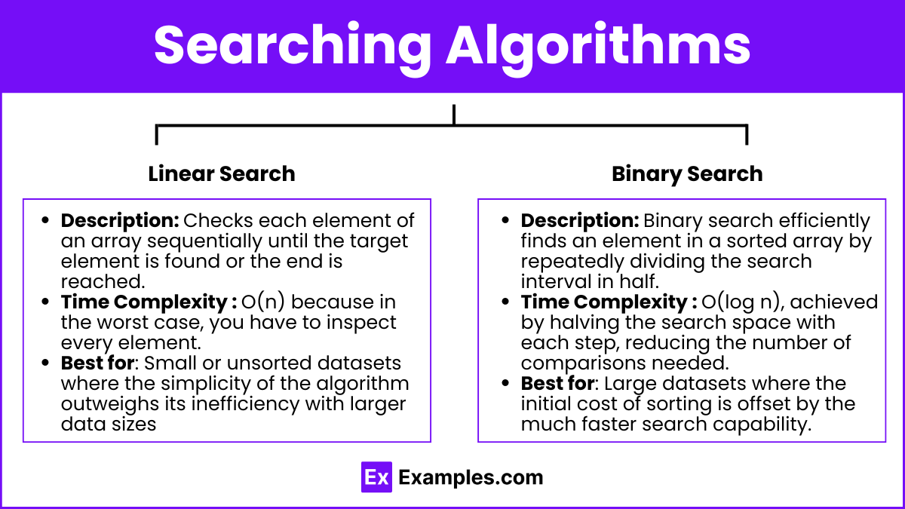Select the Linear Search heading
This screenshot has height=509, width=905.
click(x=222, y=173)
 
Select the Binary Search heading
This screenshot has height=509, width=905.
click(x=687, y=174)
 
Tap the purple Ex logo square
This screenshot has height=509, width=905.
click(x=376, y=477)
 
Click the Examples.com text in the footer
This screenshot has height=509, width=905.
click(x=471, y=477)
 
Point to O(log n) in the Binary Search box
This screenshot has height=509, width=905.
click(x=743, y=302)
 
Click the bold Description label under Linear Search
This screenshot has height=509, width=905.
click(x=120, y=221)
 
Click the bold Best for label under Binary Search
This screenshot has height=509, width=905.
click(x=557, y=383)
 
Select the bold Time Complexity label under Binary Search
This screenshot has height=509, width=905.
click(x=609, y=302)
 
